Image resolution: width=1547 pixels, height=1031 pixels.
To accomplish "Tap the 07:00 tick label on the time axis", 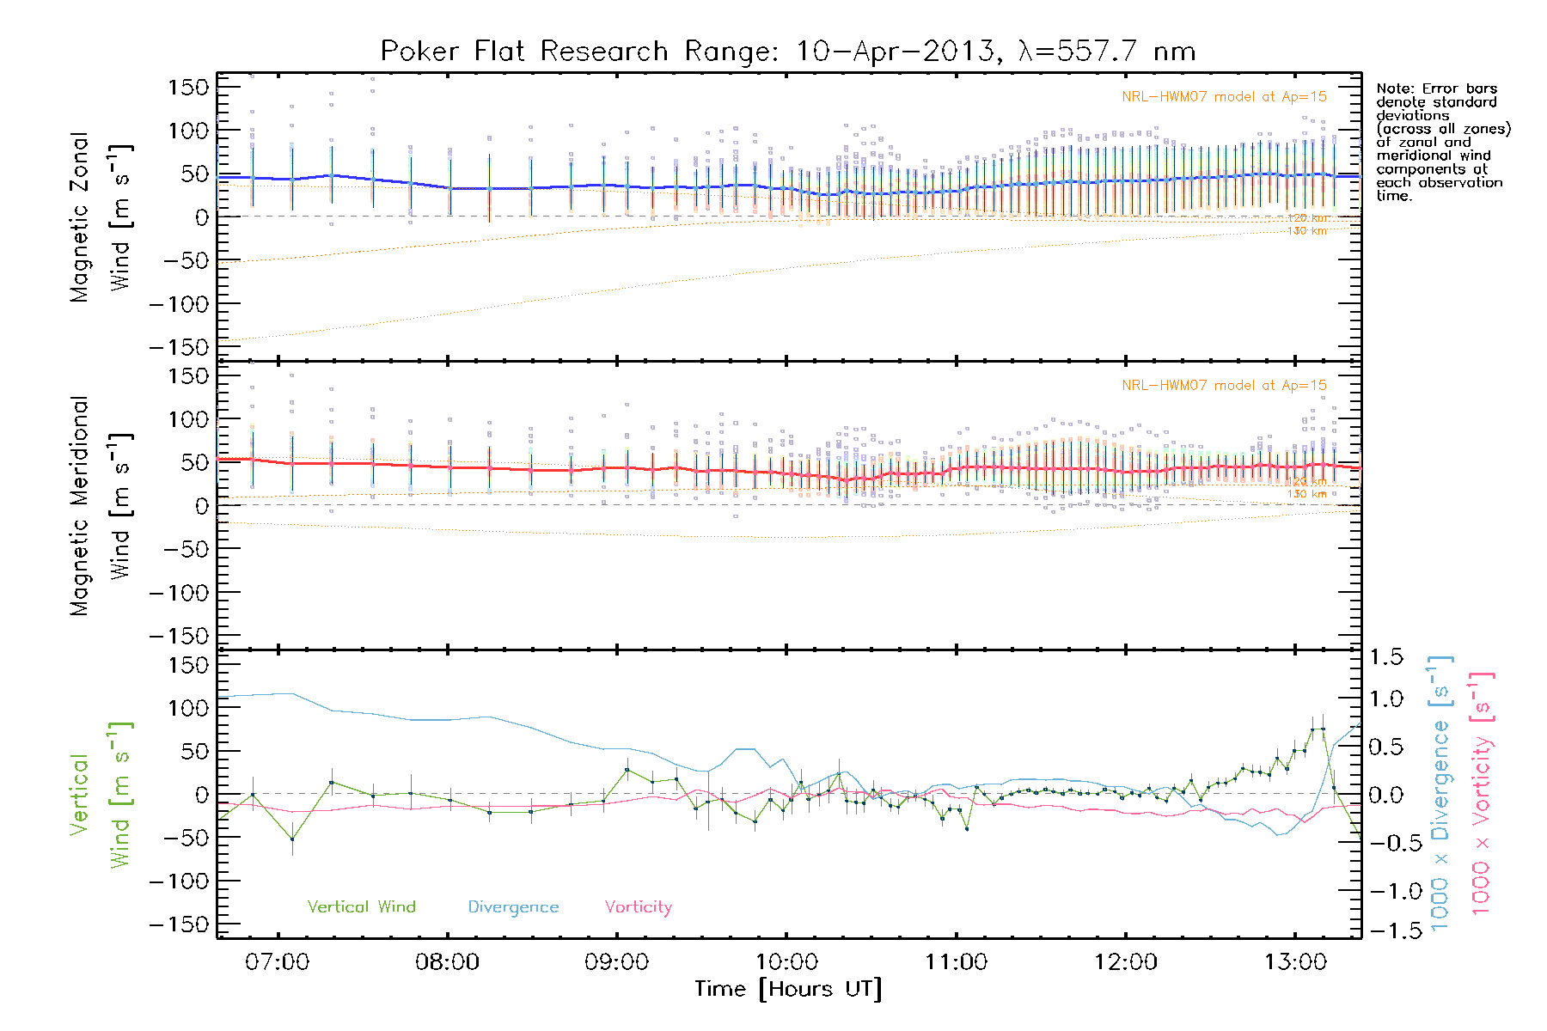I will (277, 961).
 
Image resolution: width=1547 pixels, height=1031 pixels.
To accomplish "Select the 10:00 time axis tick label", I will (786, 961).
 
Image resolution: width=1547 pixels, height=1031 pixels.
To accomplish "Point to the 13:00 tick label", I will (1295, 961).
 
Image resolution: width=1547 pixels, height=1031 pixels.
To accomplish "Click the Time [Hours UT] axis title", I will (787, 989).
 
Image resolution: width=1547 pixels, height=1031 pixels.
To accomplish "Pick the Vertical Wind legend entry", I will (361, 906).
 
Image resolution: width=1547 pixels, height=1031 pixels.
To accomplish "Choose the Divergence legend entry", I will (513, 906).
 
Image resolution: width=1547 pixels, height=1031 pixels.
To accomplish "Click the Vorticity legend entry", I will (638, 906).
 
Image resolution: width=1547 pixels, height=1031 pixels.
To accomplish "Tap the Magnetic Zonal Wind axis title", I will (100, 217).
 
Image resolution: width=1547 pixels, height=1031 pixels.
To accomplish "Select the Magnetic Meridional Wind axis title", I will (100, 505).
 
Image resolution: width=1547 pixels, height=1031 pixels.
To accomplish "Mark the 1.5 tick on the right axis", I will (1385, 657).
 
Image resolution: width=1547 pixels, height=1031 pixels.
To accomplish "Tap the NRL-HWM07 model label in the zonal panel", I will (1224, 97).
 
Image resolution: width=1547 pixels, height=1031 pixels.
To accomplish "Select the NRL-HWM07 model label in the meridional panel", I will (1224, 386).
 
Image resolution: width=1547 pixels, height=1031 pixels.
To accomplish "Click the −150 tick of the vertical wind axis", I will (179, 924).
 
